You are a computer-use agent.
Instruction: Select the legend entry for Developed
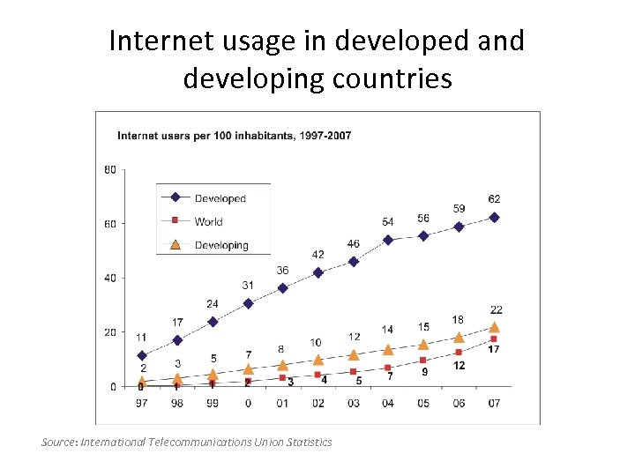[x=220, y=198]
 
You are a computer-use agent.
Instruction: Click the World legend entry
[x=208, y=221]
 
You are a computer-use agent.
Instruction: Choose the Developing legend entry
[x=221, y=245]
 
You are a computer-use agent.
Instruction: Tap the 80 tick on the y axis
[x=110, y=169]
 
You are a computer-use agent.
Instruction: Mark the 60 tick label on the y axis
[x=110, y=224]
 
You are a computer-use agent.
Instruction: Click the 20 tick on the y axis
[x=110, y=332]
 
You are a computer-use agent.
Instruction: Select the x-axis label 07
[x=494, y=404]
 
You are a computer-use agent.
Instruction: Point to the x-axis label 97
[x=141, y=404]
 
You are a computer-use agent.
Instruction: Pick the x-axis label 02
[x=317, y=404]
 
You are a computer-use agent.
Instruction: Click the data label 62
[x=494, y=199]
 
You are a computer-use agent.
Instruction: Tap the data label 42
[x=317, y=255]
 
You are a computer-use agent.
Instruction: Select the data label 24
[x=213, y=304]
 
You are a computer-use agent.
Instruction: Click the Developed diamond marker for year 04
[x=388, y=240]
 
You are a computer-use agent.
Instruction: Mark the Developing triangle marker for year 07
[x=494, y=327]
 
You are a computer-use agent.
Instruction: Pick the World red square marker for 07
[x=494, y=339]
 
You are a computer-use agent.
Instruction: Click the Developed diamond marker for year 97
[x=142, y=356]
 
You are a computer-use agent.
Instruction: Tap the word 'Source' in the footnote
[x=59, y=442]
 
